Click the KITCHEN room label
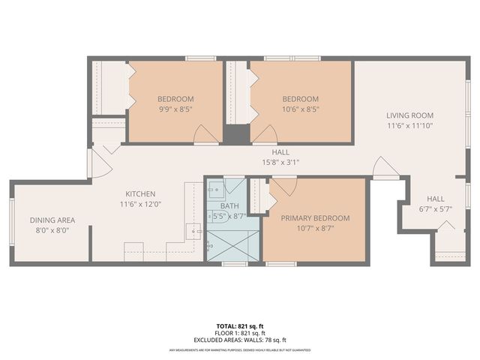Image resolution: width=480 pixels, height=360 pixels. pos(140,193)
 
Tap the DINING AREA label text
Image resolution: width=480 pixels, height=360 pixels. pos(52,220)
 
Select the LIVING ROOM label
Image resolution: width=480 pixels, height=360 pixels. pos(409,115)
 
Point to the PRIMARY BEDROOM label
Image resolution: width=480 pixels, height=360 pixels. pos(315,218)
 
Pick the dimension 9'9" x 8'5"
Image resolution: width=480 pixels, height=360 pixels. pos(175,109)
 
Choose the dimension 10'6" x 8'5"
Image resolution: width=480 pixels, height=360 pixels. pos(300,109)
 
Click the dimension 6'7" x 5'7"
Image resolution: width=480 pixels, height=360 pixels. pos(436,210)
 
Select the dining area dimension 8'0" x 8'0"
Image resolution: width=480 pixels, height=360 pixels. pos(52,230)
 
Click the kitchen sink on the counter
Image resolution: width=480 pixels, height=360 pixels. pos(194,231)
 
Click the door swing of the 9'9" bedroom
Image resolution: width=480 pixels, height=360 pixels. pos(204,135)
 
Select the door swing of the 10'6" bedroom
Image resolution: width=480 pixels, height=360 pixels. pos(263,135)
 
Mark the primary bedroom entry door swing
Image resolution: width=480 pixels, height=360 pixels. pos(284,185)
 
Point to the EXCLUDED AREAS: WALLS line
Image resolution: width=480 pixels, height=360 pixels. pos(239,339)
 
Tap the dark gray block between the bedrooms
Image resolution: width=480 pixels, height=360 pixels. pos(236,135)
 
